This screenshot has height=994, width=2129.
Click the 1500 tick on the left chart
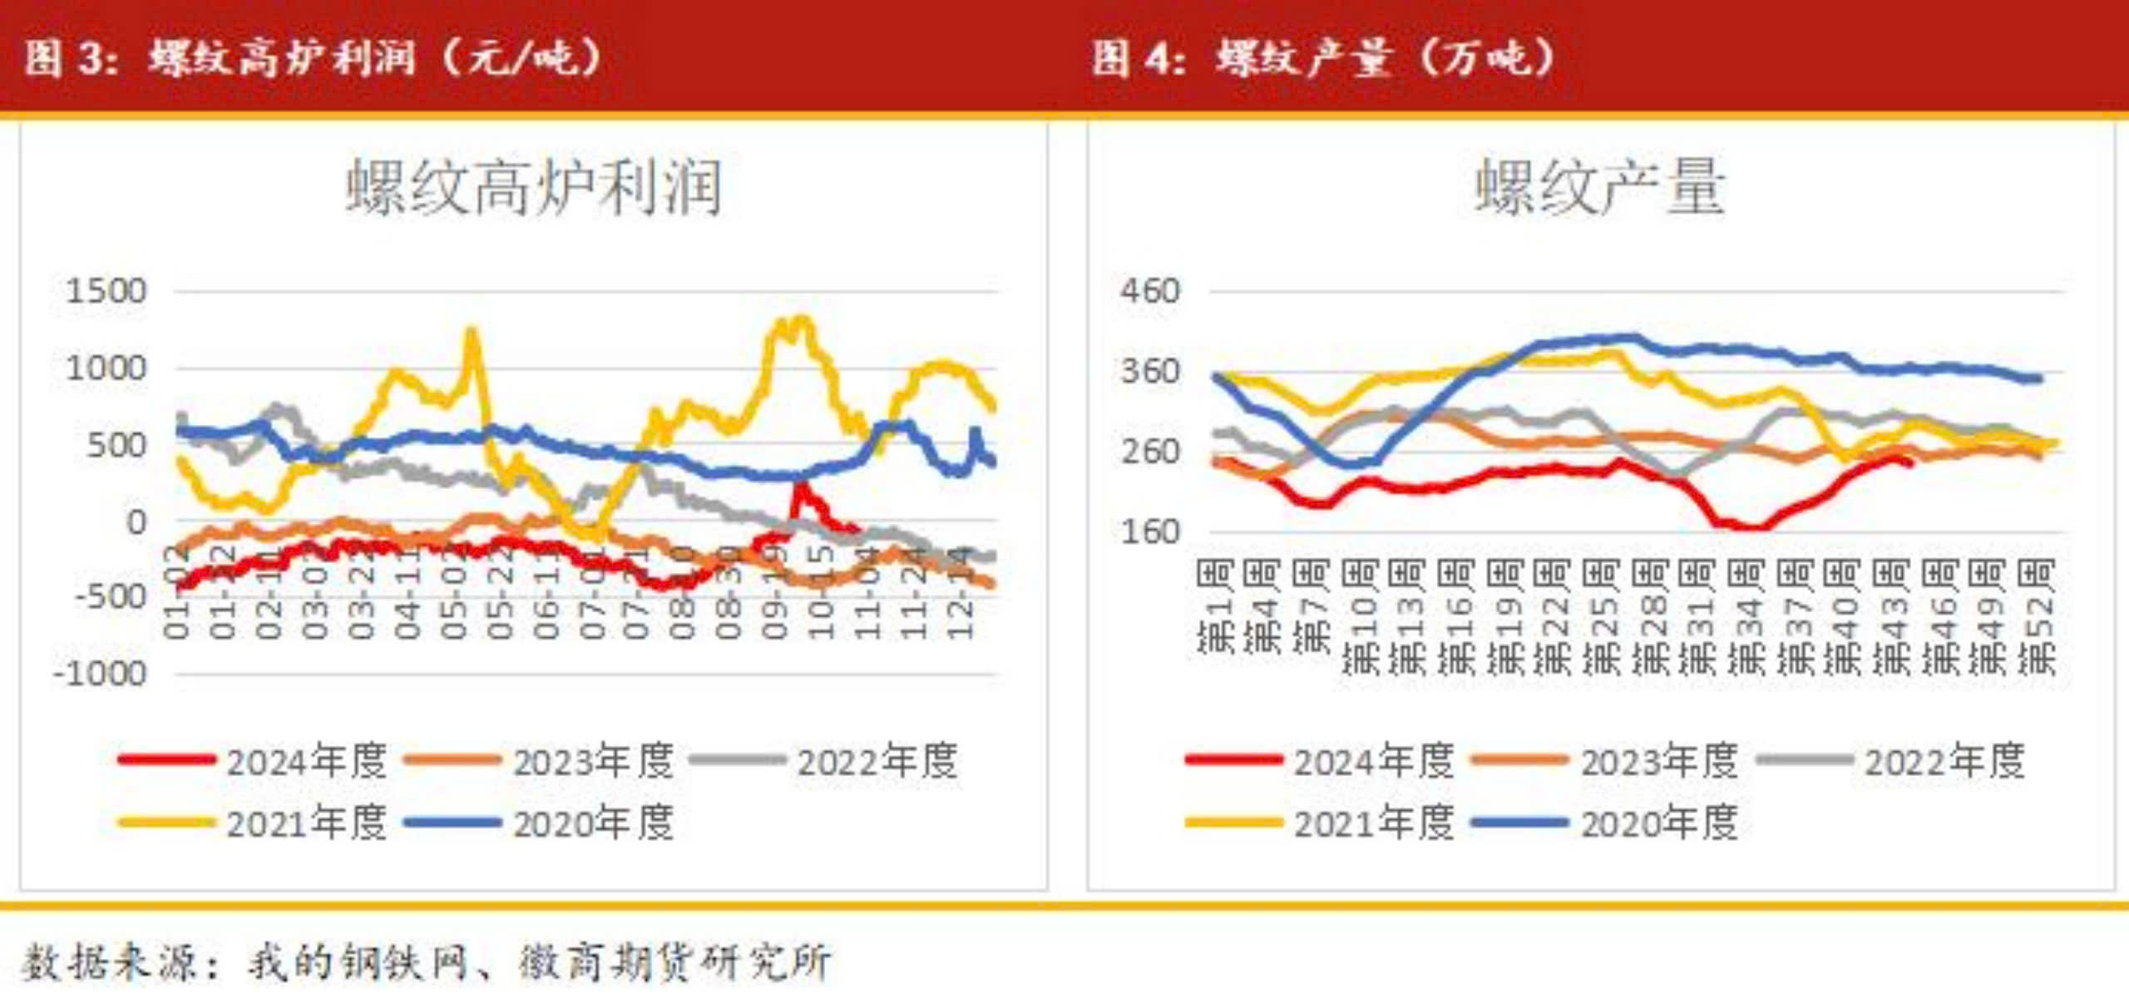click(106, 292)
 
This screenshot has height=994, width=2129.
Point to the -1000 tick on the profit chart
click(100, 673)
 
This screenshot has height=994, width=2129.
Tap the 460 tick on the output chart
click(1150, 292)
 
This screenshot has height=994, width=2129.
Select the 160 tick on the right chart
click(1150, 532)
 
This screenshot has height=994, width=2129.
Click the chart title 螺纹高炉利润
click(533, 188)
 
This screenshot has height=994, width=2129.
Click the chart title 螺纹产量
click(1600, 188)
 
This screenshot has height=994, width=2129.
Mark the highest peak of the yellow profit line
click(800, 319)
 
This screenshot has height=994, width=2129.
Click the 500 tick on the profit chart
click(116, 446)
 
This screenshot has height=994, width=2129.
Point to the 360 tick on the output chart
click(1150, 372)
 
